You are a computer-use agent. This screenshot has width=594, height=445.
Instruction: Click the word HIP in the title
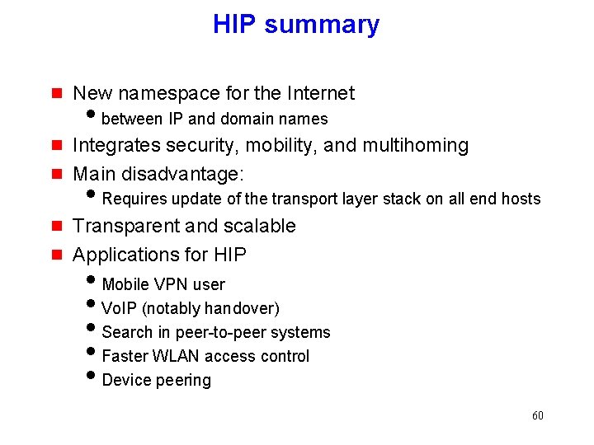click(235, 25)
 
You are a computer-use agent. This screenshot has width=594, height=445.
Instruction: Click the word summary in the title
click(322, 26)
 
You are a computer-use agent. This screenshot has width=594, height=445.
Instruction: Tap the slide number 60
click(538, 415)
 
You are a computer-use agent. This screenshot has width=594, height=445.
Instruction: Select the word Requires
click(134, 199)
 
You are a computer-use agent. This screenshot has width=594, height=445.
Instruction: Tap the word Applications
click(124, 255)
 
